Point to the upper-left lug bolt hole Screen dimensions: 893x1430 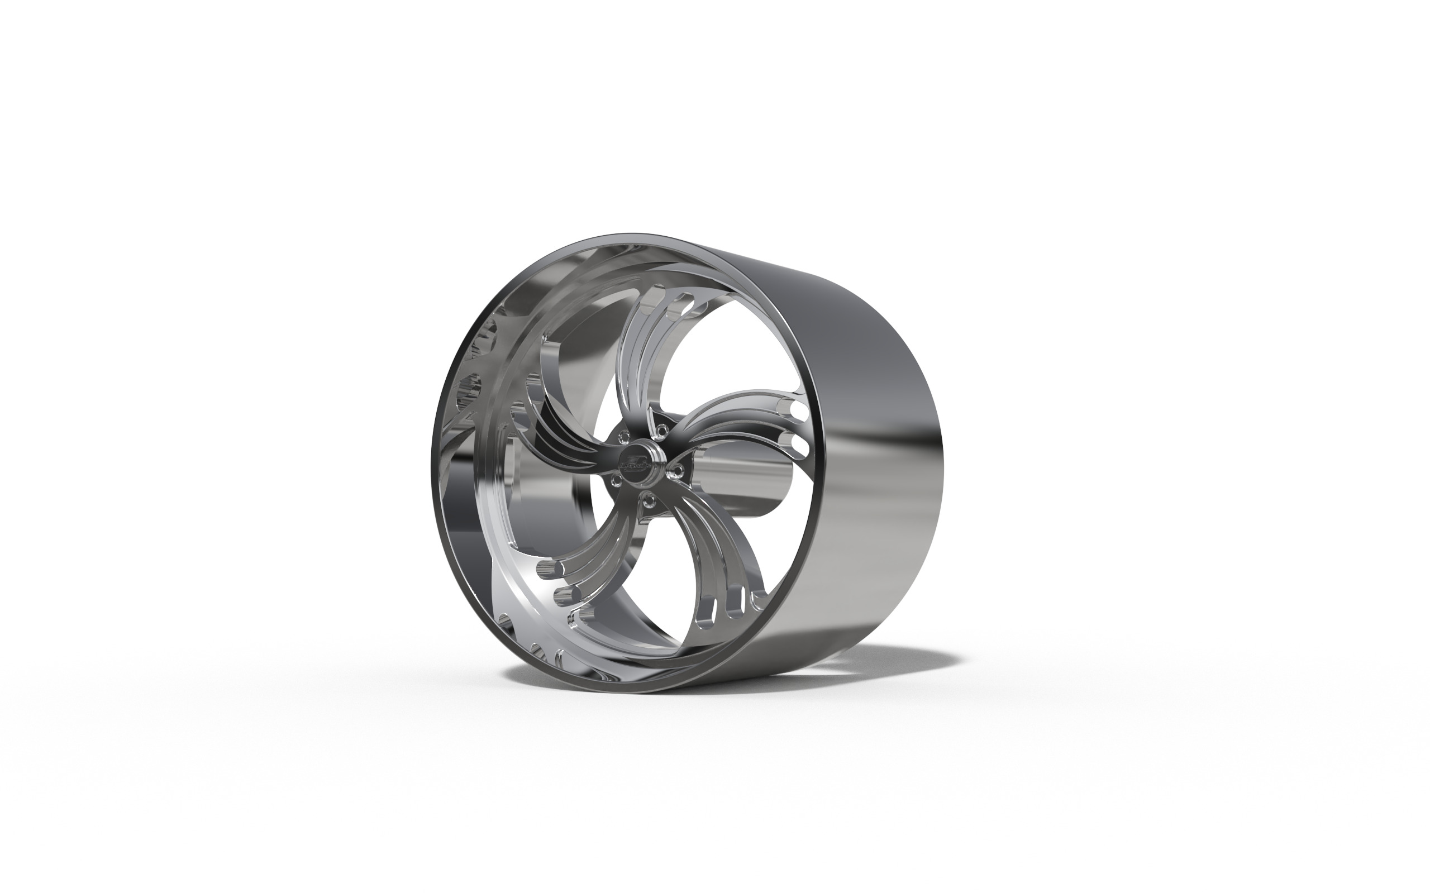(x=625, y=437)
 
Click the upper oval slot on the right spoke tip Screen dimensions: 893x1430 (x=794, y=410)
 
